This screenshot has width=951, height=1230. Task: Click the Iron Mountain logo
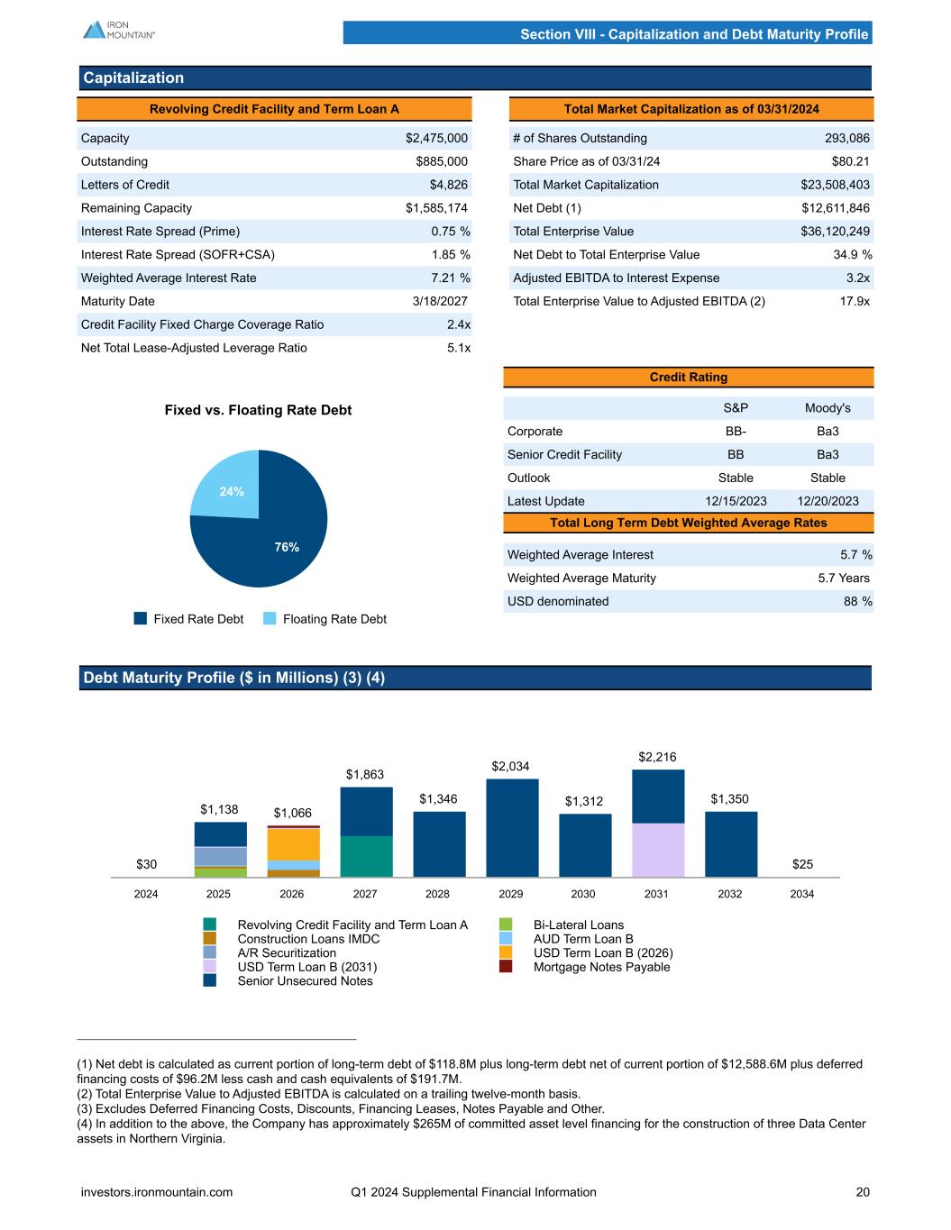point(118,29)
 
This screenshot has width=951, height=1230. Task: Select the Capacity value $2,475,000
point(436,138)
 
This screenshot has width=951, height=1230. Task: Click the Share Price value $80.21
point(850,161)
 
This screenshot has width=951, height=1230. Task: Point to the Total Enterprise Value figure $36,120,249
point(835,232)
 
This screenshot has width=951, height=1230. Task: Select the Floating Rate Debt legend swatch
point(270,619)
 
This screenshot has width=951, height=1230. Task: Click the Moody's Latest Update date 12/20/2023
point(828,501)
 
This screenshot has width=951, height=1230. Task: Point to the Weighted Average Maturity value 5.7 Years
point(844,578)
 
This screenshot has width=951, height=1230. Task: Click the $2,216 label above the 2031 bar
point(657,758)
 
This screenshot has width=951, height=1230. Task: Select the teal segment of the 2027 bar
point(366,856)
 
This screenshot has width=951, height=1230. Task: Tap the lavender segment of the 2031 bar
point(657,850)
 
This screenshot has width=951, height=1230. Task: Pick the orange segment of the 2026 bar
point(293,843)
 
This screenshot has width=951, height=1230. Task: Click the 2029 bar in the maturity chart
point(512,827)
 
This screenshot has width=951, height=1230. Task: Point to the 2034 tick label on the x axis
point(802,894)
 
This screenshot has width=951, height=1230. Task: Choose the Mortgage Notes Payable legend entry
point(601,967)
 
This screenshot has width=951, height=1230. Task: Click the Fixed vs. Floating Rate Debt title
point(258,410)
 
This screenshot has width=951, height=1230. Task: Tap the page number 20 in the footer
point(863,1192)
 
